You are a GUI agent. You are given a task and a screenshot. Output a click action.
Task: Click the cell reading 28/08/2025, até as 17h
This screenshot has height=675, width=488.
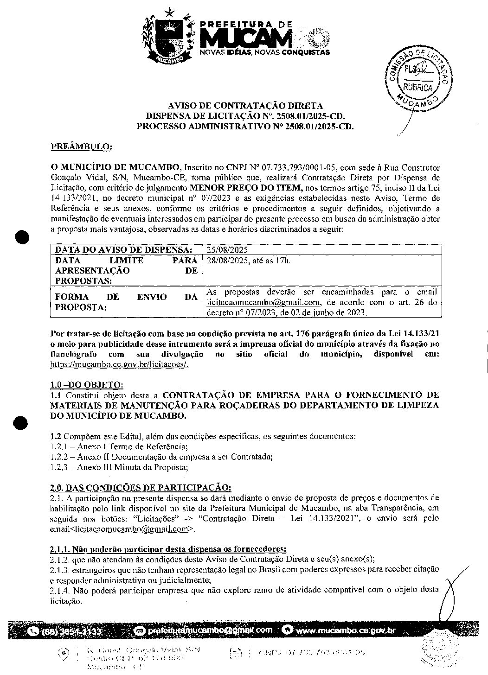click(249, 261)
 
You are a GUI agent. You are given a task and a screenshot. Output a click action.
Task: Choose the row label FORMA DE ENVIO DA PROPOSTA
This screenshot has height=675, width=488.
click(126, 302)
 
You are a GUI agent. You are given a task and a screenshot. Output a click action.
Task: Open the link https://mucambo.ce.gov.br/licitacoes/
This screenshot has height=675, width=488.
click(119, 364)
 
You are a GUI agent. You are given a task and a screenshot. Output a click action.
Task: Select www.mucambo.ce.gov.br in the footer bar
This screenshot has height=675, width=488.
click(345, 630)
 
